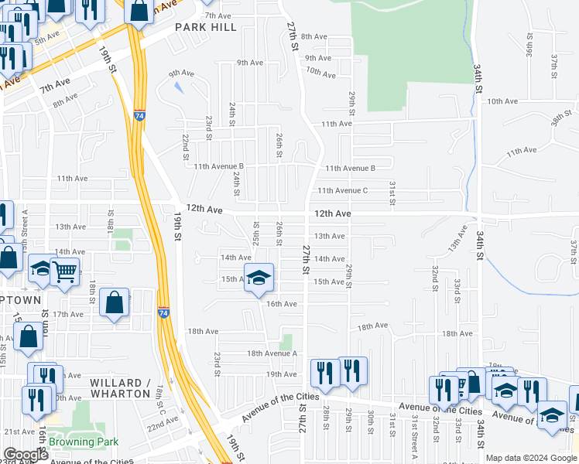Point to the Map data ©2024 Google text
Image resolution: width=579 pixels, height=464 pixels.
530,458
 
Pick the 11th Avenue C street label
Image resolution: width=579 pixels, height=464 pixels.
342,190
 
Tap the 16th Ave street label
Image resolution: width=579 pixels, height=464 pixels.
282,304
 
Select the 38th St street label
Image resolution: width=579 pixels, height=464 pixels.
560,118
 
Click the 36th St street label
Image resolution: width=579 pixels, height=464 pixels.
529,49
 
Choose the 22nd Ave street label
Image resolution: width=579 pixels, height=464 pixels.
163,424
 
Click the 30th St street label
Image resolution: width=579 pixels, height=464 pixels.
372,424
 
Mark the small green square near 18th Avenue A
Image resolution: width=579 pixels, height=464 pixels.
287,341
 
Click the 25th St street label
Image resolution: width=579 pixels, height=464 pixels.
256,230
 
